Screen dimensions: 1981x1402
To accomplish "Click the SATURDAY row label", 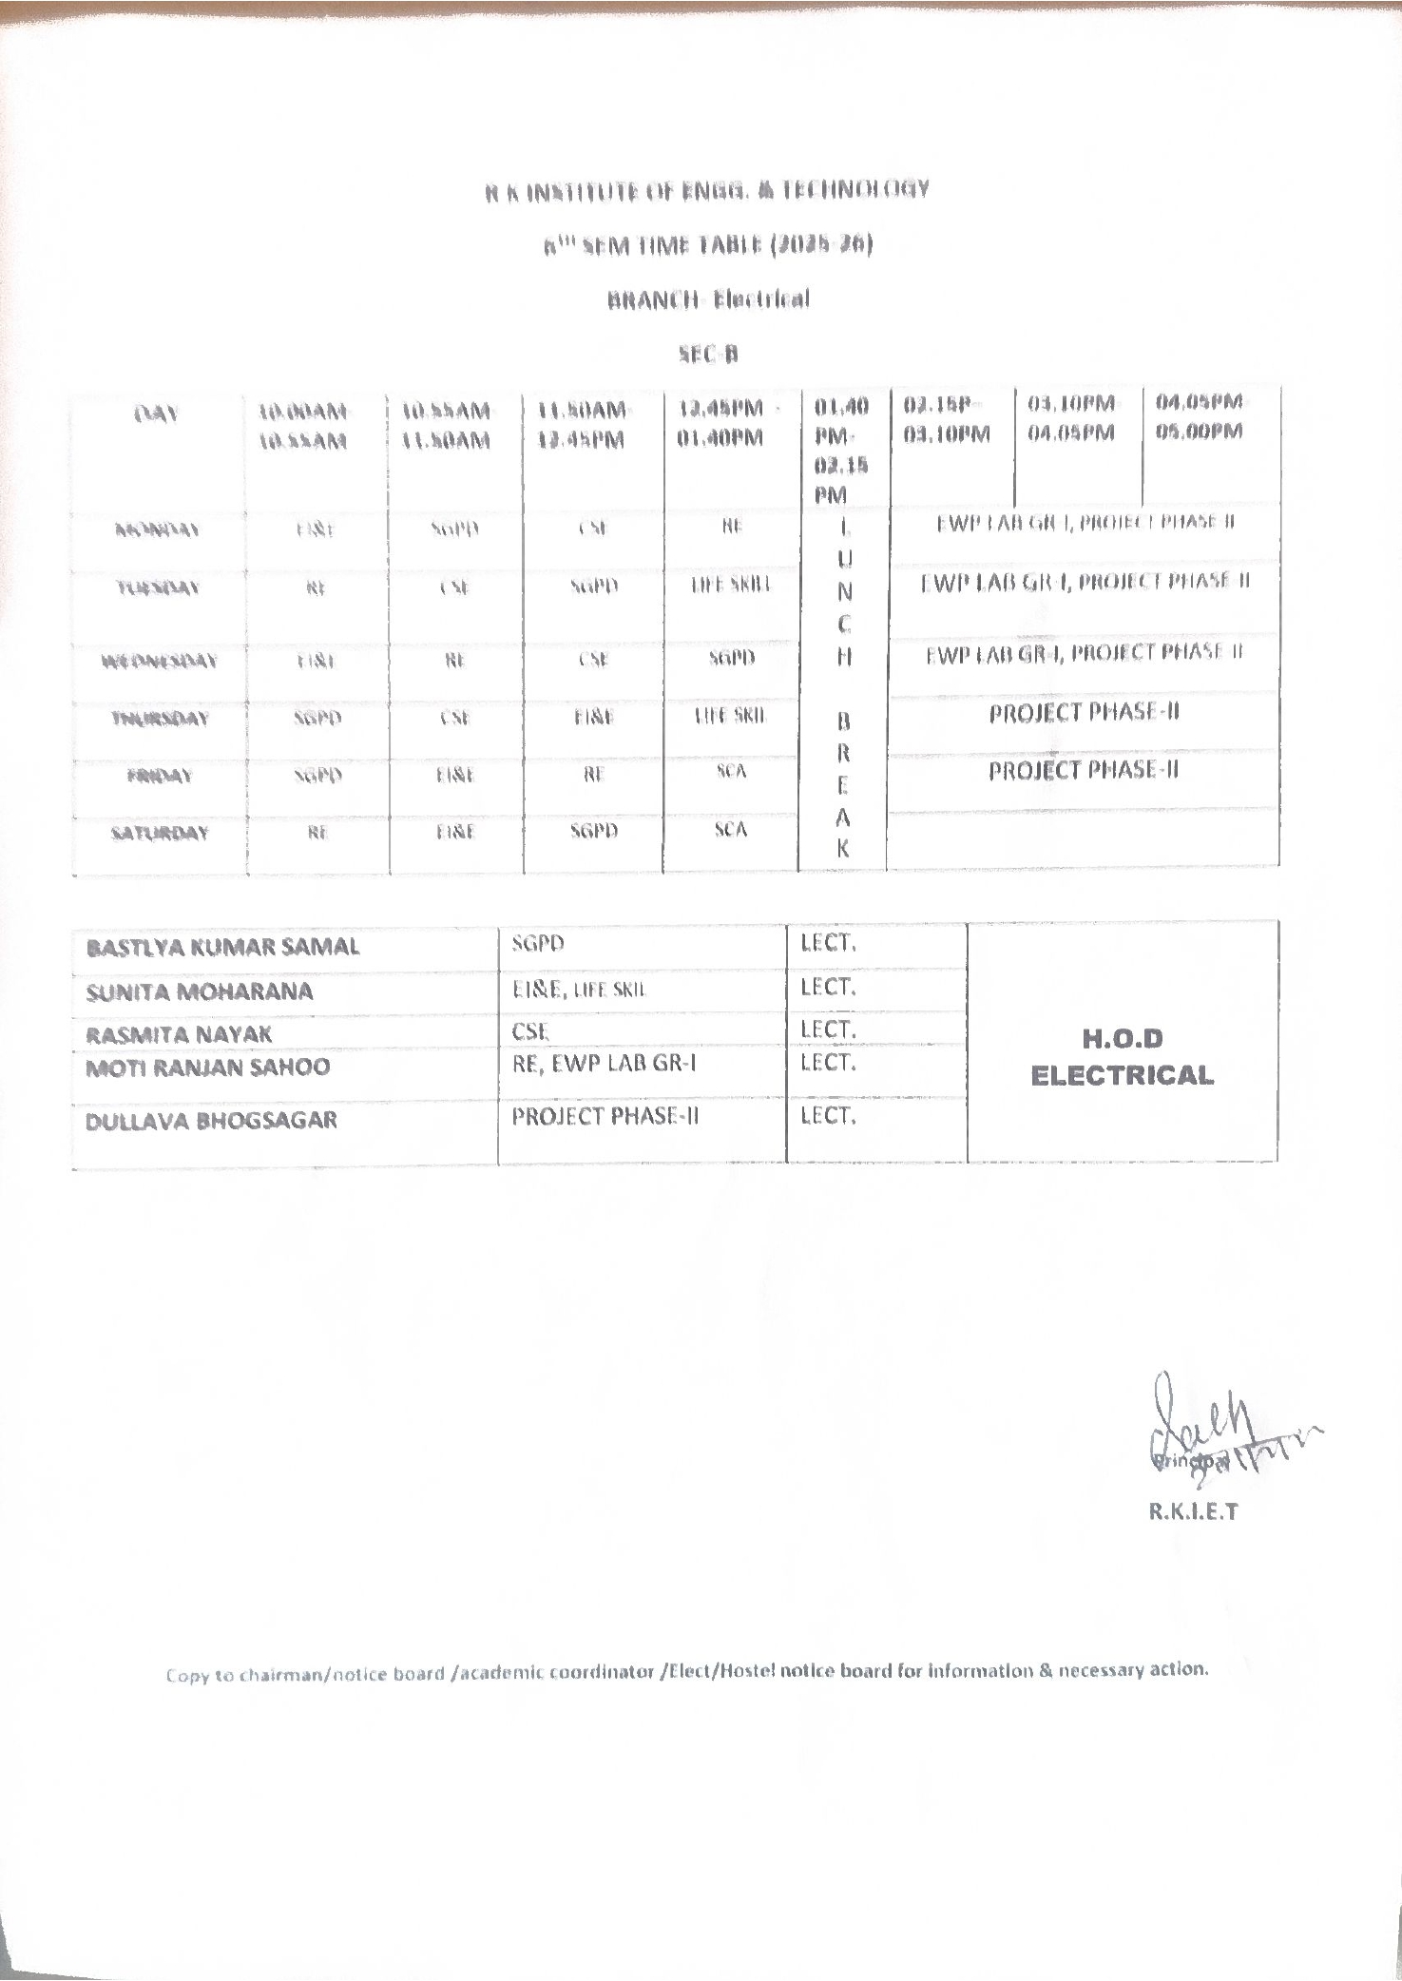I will (159, 834).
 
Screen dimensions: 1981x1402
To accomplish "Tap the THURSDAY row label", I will (159, 719).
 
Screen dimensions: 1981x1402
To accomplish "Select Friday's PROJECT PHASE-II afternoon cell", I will (1083, 770).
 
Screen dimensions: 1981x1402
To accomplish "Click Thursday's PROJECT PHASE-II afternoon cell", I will (1084, 713).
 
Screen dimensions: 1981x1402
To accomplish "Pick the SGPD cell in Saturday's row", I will (594, 831).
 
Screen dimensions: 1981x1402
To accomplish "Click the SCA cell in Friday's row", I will (731, 772).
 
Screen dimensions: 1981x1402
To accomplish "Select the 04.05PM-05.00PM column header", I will (1199, 416).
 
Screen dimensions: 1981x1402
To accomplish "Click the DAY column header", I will (157, 414).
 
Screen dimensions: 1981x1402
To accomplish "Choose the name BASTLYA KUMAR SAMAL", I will (222, 948).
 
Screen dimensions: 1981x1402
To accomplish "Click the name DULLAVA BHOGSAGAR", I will (211, 1121).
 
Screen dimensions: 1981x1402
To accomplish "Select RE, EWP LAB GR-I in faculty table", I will (605, 1064).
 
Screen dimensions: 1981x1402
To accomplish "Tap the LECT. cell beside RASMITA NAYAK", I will (828, 1029).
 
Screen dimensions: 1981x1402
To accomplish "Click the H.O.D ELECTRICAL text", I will (1122, 1057).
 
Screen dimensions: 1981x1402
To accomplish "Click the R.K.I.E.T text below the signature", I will (1192, 1512).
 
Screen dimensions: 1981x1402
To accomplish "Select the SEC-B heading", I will (708, 355).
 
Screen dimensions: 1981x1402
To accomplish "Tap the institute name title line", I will (707, 190).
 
